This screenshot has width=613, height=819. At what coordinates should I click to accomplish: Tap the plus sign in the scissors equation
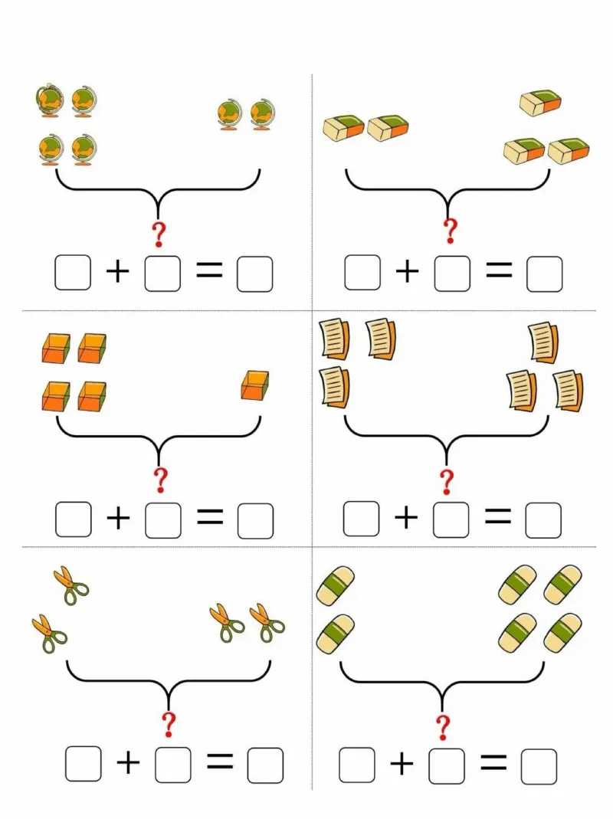(129, 762)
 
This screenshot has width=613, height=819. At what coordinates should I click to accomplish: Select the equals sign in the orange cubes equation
(209, 519)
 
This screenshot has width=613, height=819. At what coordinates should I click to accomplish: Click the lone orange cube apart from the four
(255, 385)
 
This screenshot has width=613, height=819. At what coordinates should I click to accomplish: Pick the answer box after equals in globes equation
(254, 274)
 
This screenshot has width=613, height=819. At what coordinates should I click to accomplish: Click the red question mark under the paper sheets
(447, 482)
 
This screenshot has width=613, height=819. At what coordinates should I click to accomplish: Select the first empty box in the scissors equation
(83, 764)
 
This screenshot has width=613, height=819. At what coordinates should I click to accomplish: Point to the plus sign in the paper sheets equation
(406, 519)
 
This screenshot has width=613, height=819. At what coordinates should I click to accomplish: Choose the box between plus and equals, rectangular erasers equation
(452, 274)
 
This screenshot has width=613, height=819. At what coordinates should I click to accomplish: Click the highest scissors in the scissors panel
(70, 586)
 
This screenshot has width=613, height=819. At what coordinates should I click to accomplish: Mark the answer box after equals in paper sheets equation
(543, 519)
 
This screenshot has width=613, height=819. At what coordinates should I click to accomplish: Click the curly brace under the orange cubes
(159, 438)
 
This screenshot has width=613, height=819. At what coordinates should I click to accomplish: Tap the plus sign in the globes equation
(117, 272)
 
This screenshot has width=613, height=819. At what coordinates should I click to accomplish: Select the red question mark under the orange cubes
(160, 480)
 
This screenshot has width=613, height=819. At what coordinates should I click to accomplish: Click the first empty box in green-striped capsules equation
(357, 765)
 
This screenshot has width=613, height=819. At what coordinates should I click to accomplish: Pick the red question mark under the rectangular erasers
(451, 230)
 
